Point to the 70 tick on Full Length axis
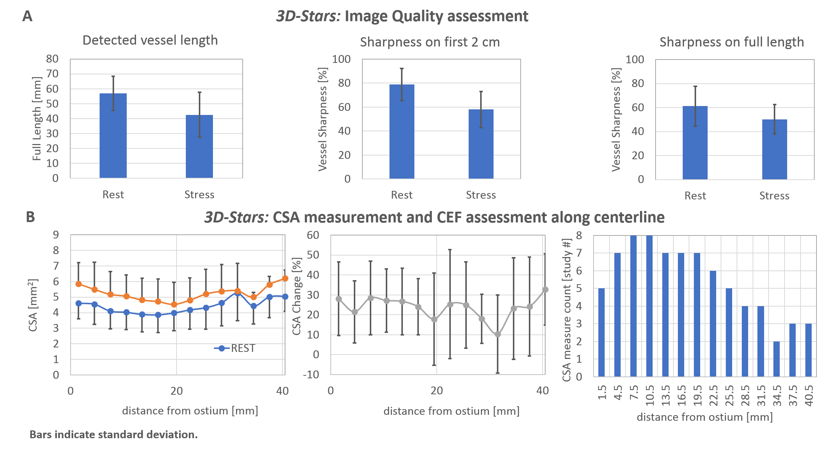coord(52,74)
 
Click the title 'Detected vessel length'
coord(150,40)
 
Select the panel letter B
coord(30,217)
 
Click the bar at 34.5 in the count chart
coord(777,359)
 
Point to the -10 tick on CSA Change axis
coord(311,374)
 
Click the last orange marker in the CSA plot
coord(285,278)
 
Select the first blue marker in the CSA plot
coord(78,304)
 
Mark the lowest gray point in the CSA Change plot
coord(498,334)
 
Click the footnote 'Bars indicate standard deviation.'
coord(113,434)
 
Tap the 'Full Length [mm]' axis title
coord(36,119)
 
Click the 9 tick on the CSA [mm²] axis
coord(56,235)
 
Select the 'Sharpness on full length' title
coord(731,42)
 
